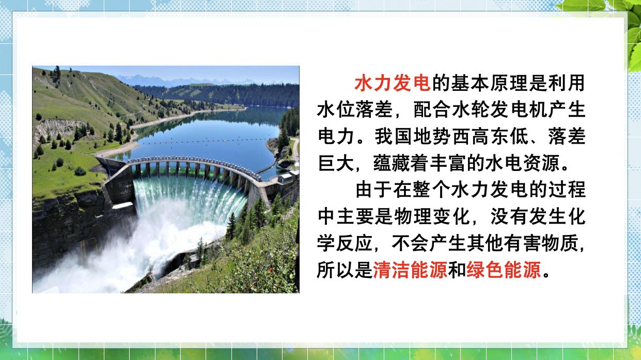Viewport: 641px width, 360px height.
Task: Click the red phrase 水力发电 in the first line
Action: (393, 83)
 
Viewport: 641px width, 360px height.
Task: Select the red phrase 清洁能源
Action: (410, 270)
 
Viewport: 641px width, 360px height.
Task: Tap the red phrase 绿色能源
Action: (504, 270)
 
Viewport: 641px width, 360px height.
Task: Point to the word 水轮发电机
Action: (499, 110)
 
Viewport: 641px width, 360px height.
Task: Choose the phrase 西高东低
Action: (491, 136)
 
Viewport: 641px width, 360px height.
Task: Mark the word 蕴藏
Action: (392, 163)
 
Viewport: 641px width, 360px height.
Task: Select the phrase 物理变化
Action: (432, 216)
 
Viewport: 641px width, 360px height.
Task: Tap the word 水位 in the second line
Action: (336, 110)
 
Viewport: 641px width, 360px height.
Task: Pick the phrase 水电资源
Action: (522, 163)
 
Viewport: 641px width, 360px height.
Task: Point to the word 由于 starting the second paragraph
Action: (374, 190)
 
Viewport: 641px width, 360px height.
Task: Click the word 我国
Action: (394, 136)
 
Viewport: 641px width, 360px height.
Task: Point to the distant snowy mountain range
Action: (186, 80)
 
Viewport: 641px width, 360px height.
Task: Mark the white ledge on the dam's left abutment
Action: (123, 205)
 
